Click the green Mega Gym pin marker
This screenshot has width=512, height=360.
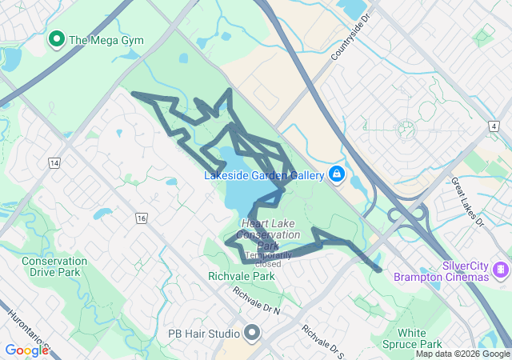pyautogui.click(x=57, y=38)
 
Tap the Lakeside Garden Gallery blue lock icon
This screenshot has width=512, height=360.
pyautogui.click(x=337, y=174)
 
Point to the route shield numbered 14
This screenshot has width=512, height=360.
pyautogui.click(x=54, y=162)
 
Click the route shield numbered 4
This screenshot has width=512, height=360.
pyautogui.click(x=495, y=126)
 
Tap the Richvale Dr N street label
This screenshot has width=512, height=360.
pyautogui.click(x=257, y=300)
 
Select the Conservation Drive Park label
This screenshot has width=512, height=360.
pyautogui.click(x=54, y=266)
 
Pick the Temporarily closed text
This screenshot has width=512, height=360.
pyautogui.click(x=263, y=259)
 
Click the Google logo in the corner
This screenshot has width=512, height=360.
pyautogui.click(x=26, y=350)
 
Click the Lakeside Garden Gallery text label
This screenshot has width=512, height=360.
pyautogui.click(x=263, y=175)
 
